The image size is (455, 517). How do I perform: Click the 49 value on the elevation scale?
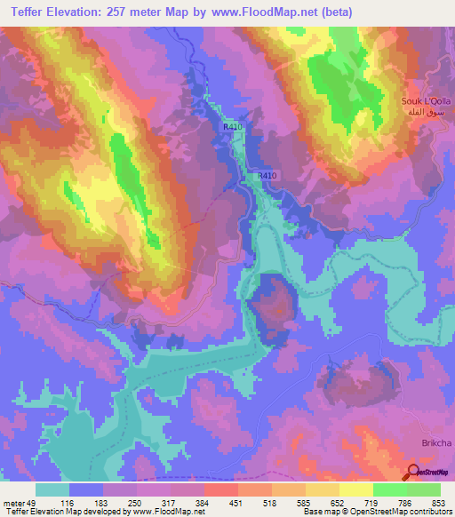[x=34, y=503]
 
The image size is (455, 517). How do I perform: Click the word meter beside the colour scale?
[x=12, y=503]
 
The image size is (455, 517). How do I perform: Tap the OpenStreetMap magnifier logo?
[x=414, y=472]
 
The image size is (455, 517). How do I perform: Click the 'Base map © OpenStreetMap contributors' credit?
[x=375, y=512]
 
